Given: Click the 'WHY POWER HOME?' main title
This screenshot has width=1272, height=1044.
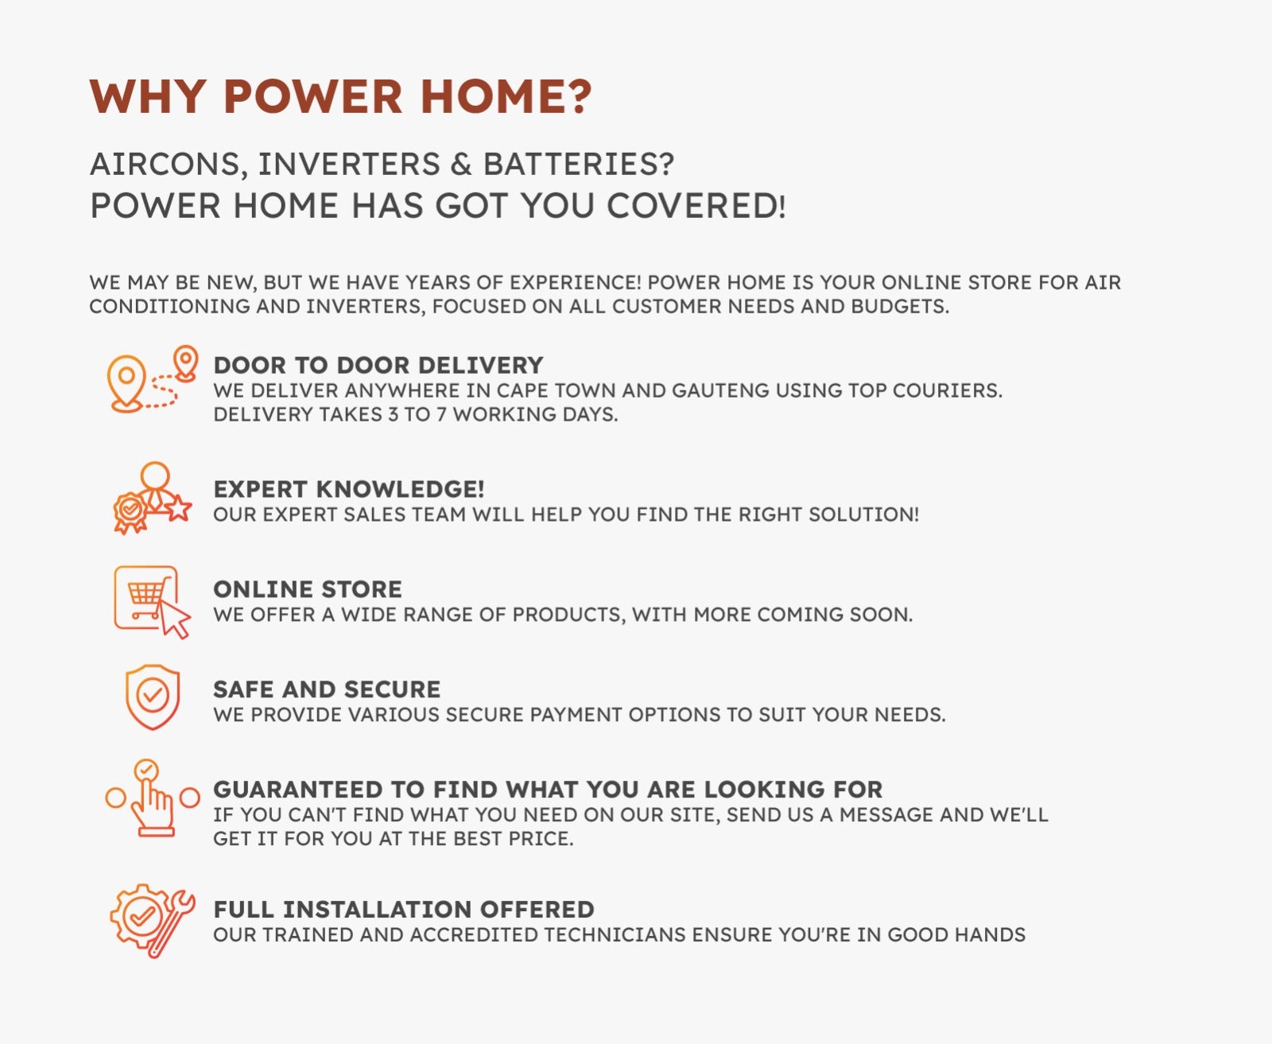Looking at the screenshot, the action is (x=341, y=96).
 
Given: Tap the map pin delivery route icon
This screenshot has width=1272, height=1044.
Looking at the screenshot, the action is (x=153, y=378).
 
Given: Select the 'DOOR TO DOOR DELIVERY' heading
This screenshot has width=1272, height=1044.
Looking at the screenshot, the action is (x=378, y=366).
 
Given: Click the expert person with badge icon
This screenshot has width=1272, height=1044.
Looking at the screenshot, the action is (x=153, y=499).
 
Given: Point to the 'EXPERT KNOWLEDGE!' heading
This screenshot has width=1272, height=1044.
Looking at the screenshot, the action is (x=349, y=489).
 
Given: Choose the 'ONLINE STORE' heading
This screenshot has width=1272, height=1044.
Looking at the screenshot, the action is (x=308, y=589).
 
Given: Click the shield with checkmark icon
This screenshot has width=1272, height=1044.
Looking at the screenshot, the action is (x=153, y=697).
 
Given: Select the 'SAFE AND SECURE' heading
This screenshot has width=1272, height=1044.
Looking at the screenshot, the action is (x=327, y=689).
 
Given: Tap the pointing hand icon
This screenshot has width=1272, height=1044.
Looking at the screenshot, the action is (x=153, y=798).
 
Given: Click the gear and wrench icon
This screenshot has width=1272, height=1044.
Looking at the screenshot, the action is (x=153, y=921).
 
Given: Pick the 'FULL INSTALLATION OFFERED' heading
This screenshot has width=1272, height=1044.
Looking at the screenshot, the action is (x=404, y=910).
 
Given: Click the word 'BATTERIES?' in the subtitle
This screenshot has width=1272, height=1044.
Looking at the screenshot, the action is (x=579, y=165).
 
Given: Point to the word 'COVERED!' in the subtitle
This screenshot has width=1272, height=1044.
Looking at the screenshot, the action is (x=696, y=206).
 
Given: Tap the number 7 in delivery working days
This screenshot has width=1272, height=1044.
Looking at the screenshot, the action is (x=441, y=415).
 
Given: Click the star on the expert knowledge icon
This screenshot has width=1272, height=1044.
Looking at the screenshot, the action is (x=179, y=508).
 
